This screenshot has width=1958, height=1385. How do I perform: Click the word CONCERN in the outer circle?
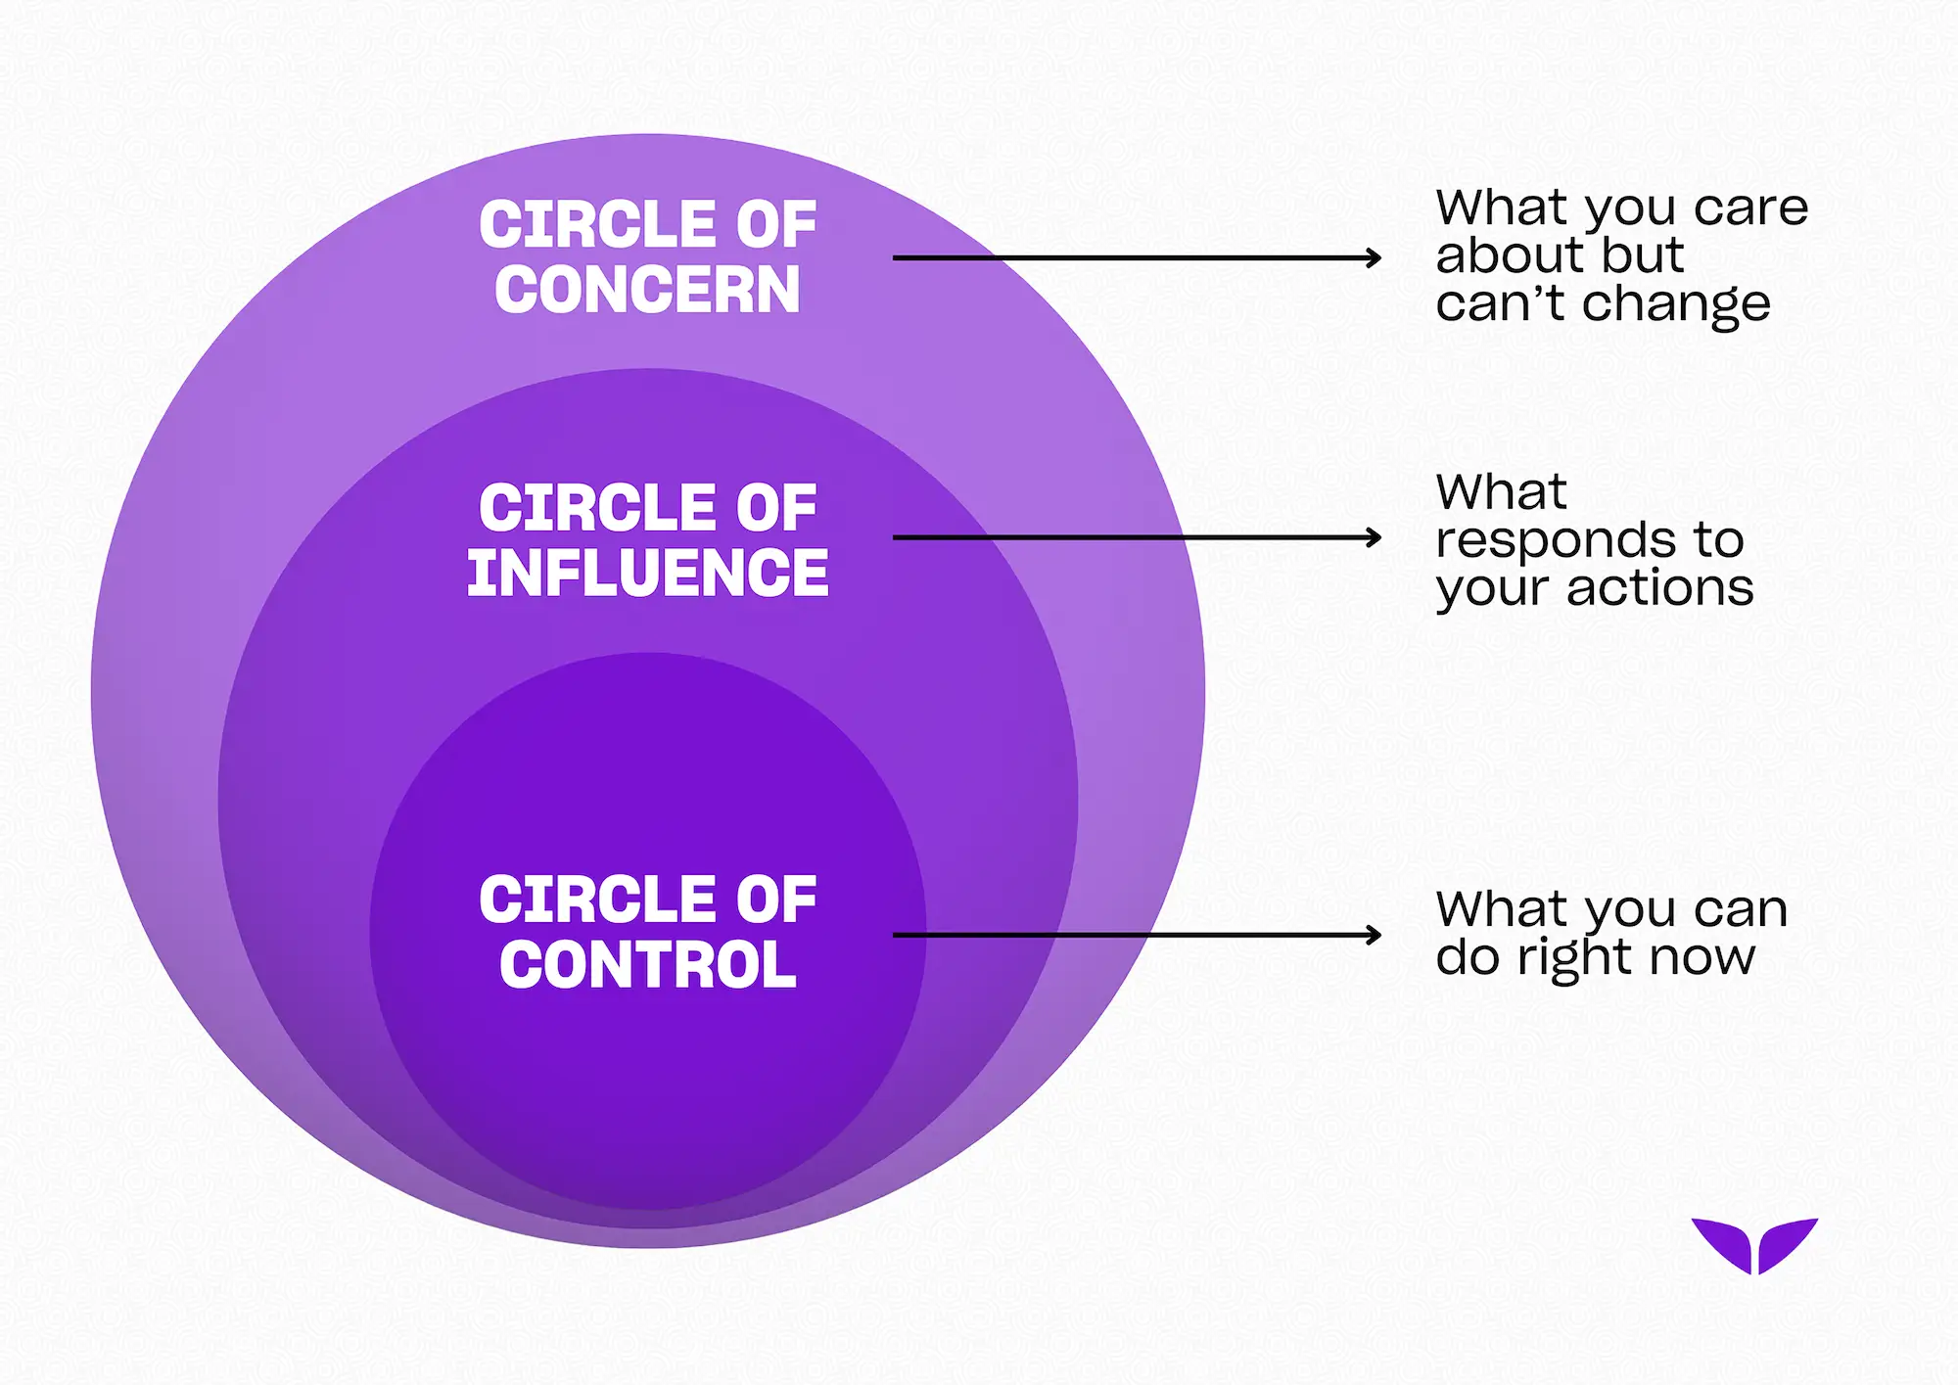tap(647, 290)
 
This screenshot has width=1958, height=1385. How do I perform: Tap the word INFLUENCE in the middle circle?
tap(647, 573)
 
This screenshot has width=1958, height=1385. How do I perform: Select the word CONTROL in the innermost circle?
tap(647, 965)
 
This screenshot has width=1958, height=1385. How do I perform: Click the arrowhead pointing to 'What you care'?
tap(1375, 258)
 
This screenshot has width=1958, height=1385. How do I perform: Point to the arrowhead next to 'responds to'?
tap(1375, 537)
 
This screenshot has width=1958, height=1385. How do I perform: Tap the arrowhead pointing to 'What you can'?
tap(1375, 936)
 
